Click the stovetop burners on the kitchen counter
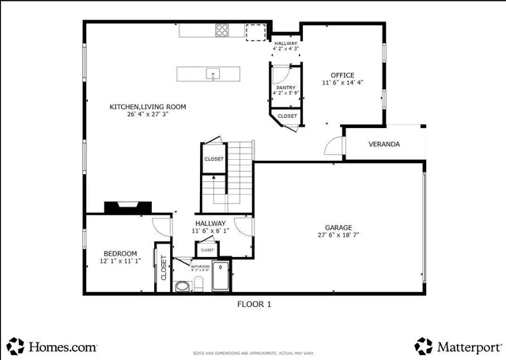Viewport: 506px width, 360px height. click(223, 31)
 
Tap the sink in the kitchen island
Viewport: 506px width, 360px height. click(212, 74)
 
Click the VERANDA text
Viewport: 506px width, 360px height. click(383, 145)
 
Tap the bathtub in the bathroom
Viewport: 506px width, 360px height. click(219, 277)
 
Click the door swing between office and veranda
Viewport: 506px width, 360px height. click(333, 146)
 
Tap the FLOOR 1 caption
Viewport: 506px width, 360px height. click(254, 303)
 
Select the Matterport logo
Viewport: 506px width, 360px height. click(458, 347)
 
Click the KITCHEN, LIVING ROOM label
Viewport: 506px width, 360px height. click(147, 106)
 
